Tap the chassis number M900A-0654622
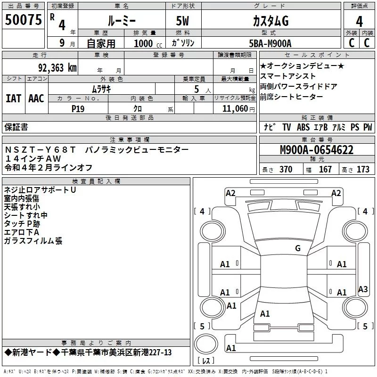(x=317, y=150)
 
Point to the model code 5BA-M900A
(x=270, y=43)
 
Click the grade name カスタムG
(x=270, y=21)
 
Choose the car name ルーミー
(x=121, y=21)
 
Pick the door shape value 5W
(x=184, y=21)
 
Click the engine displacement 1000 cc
(x=147, y=43)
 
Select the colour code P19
(x=78, y=108)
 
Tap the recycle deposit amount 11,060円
(x=238, y=108)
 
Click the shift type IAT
(x=13, y=98)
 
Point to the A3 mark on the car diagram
(x=363, y=289)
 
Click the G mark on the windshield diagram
(x=297, y=248)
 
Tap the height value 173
(x=363, y=170)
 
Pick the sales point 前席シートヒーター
(x=292, y=97)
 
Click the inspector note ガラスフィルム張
(x=33, y=241)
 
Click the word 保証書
(x=16, y=127)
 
